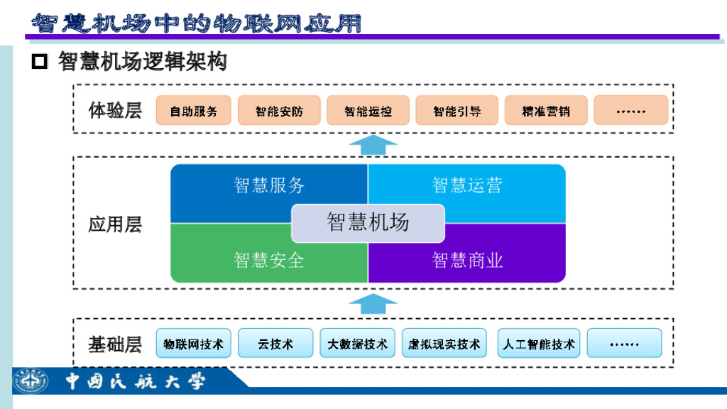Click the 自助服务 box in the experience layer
tap(194, 111)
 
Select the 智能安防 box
tap(279, 111)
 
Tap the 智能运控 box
tap(368, 111)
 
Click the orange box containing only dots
tap(630, 111)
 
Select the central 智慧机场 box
tap(368, 222)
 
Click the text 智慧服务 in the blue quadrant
tap(269, 185)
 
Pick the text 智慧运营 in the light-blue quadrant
tap(467, 185)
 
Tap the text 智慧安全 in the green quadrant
tap(269, 260)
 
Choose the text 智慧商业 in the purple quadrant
tap(467, 260)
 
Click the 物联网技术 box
tap(193, 344)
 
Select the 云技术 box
tap(275, 344)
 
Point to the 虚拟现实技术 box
tap(444, 344)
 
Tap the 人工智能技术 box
tap(539, 344)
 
